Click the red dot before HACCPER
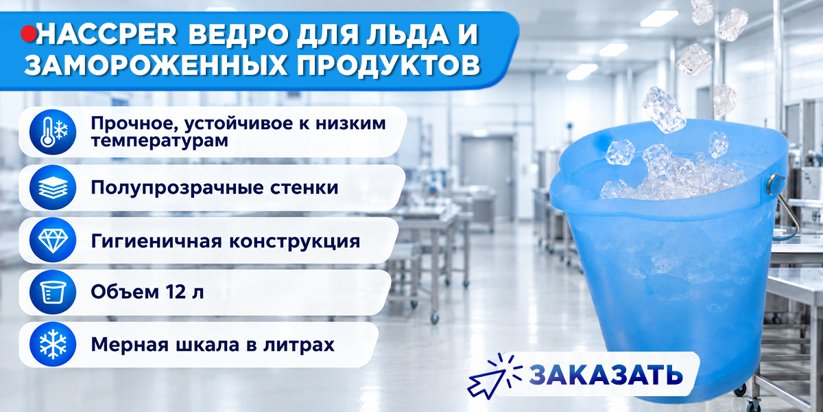[x=28, y=34]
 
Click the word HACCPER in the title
[x=106, y=34]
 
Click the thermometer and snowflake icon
[x=53, y=132]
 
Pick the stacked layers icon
[x=53, y=187]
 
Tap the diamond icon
[x=53, y=240]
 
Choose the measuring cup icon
[x=53, y=292]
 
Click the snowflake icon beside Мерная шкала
[x=53, y=345]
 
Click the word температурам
[x=159, y=141]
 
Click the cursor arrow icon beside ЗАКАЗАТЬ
[x=494, y=376]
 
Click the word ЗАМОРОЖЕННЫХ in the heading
[x=156, y=65]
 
